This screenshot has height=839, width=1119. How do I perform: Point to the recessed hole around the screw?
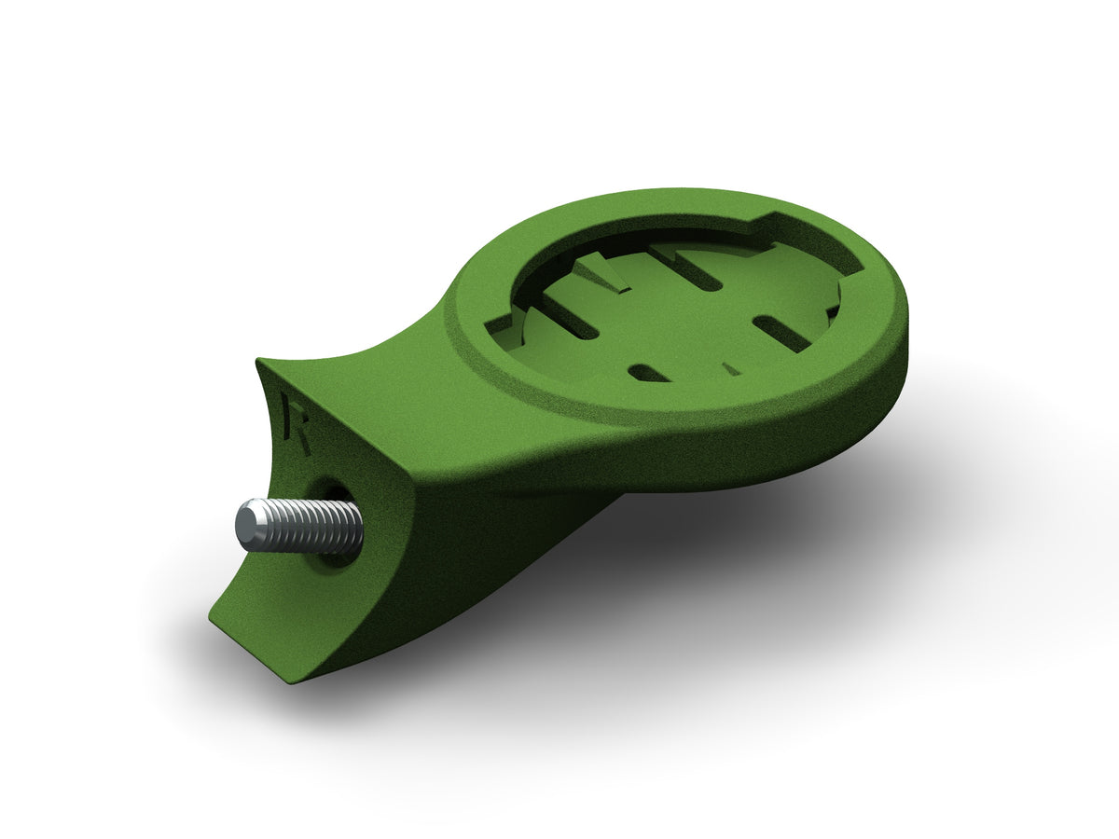tap(333, 522)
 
